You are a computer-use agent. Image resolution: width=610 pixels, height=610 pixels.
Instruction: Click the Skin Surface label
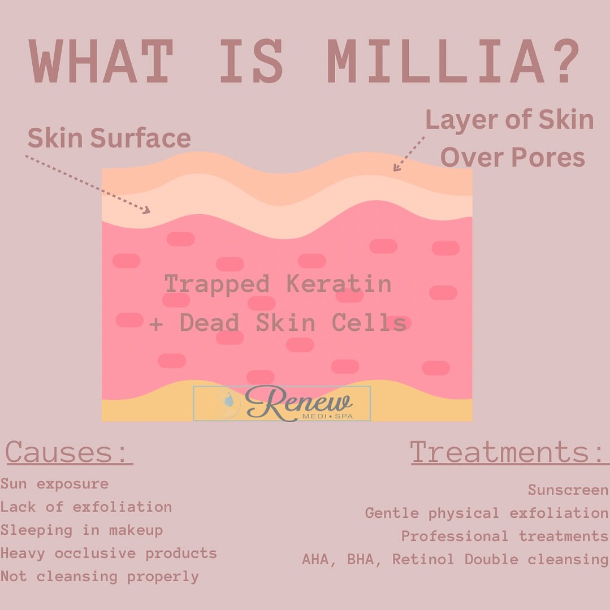coord(109,138)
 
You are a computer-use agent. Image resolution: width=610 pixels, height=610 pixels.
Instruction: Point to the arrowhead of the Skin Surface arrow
coord(146,210)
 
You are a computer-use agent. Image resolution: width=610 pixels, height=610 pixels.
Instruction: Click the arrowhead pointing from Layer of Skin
coord(396,167)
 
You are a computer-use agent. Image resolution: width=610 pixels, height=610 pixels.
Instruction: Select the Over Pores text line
coord(512,157)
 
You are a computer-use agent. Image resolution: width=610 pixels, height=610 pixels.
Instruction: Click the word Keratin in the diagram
coord(339,283)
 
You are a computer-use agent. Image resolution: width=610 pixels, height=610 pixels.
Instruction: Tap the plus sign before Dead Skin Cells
coord(156,324)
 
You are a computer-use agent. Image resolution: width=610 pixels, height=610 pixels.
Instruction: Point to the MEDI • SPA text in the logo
coord(327,416)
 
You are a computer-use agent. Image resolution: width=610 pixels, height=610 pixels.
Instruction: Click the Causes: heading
coord(69,452)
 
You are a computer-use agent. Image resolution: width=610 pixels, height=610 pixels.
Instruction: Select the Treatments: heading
coord(509,452)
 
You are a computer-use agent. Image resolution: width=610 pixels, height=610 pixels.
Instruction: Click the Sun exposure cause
coord(54,484)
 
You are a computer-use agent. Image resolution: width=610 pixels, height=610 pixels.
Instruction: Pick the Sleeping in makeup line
coord(81,530)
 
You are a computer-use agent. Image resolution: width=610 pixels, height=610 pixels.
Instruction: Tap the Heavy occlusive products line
coord(109,553)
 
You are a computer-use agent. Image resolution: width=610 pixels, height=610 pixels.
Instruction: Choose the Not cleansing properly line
coord(99,577)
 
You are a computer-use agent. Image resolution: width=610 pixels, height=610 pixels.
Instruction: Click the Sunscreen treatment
coord(568,490)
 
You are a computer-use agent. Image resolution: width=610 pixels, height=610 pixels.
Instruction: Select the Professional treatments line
coord(505,536)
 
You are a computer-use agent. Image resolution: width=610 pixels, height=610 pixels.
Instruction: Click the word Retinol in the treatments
coord(423,559)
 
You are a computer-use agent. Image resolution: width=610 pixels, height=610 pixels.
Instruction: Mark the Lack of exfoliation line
coord(86,507)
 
